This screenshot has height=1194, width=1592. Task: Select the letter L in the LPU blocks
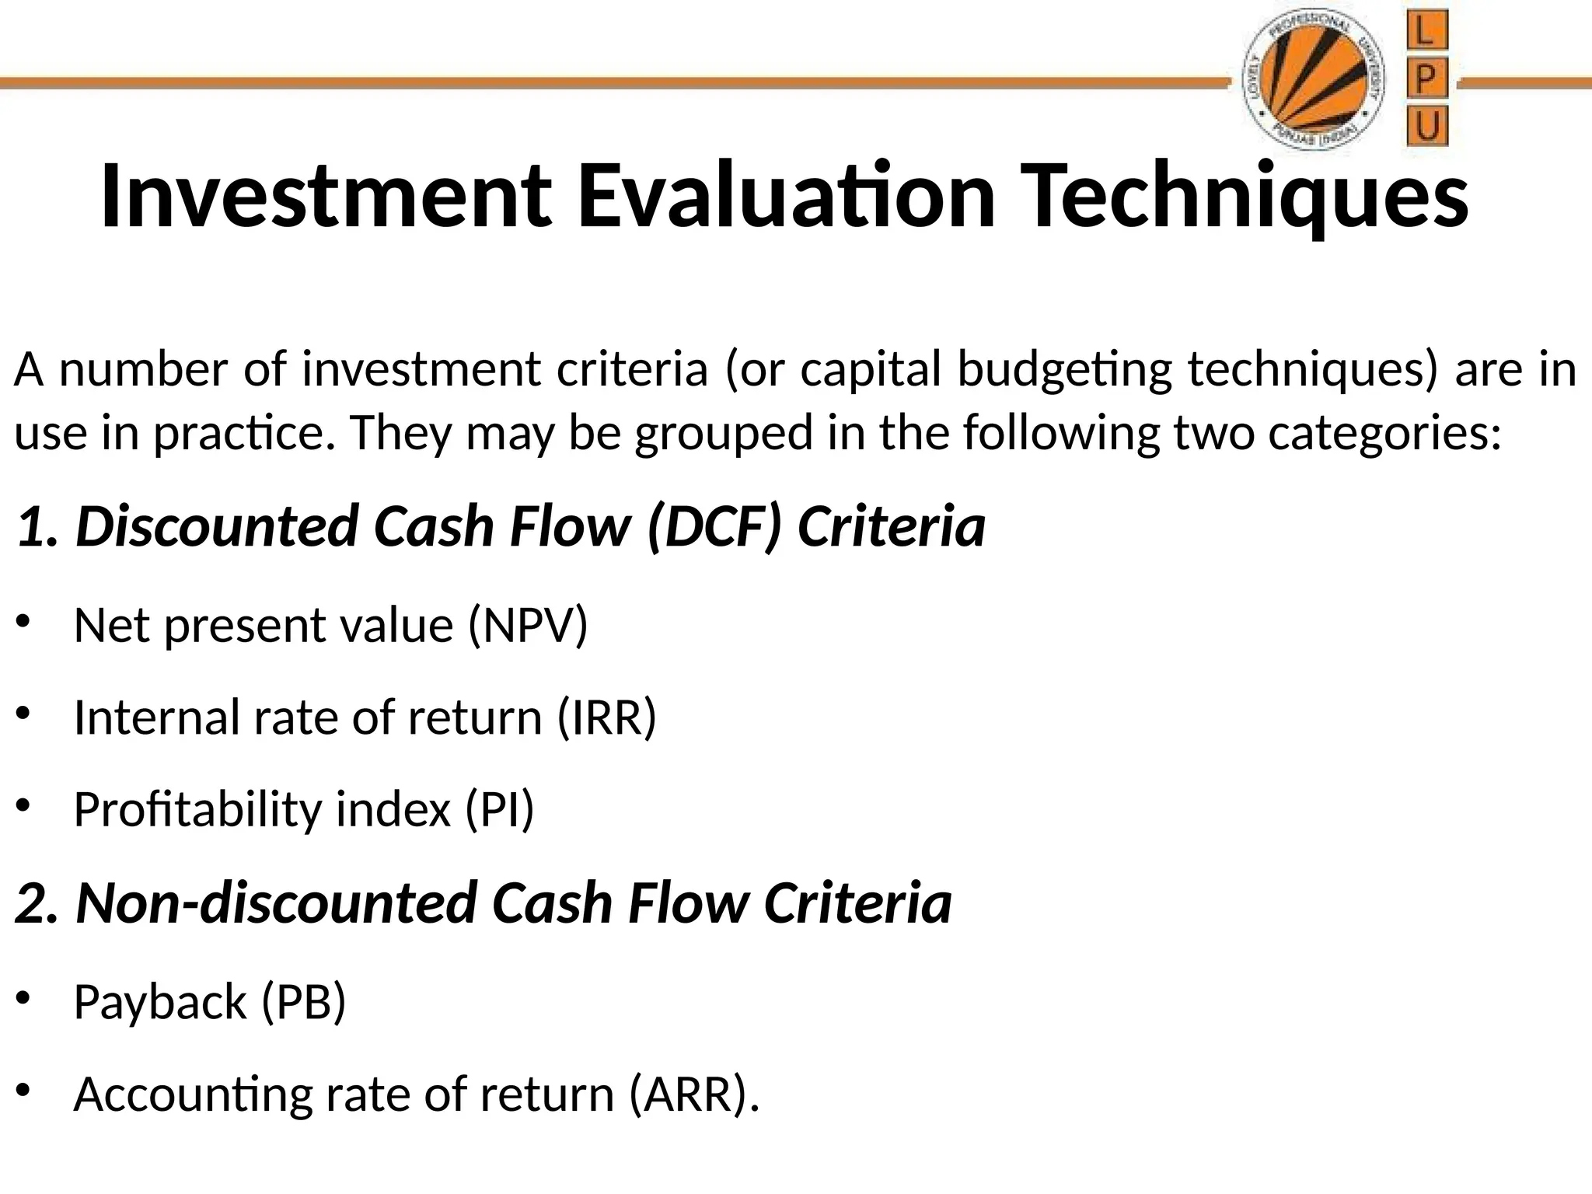(1427, 33)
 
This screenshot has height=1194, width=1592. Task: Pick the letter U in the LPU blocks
(1427, 127)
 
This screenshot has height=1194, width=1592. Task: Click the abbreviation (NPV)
(528, 626)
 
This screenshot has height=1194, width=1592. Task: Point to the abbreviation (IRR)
(606, 717)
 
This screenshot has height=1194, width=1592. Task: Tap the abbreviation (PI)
(500, 809)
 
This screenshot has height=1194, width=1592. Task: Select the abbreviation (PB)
(302, 1002)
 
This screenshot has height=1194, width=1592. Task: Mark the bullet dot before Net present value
(23, 621)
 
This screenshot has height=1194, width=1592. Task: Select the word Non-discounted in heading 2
(276, 903)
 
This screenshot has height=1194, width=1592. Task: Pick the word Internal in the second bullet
(156, 717)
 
